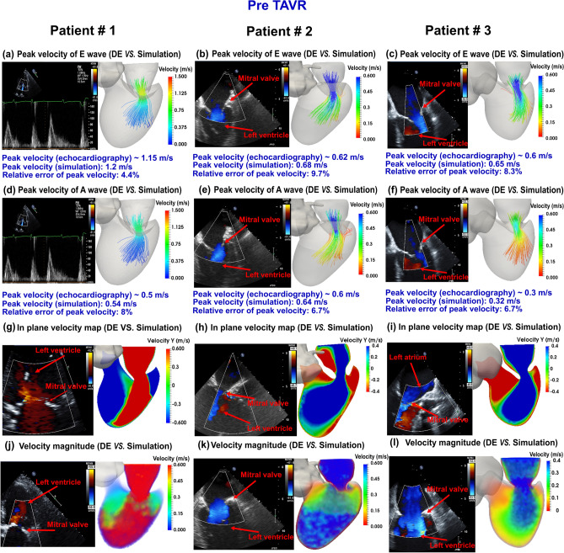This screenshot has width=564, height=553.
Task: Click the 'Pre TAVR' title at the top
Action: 282,11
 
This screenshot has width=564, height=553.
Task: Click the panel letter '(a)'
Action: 11,54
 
